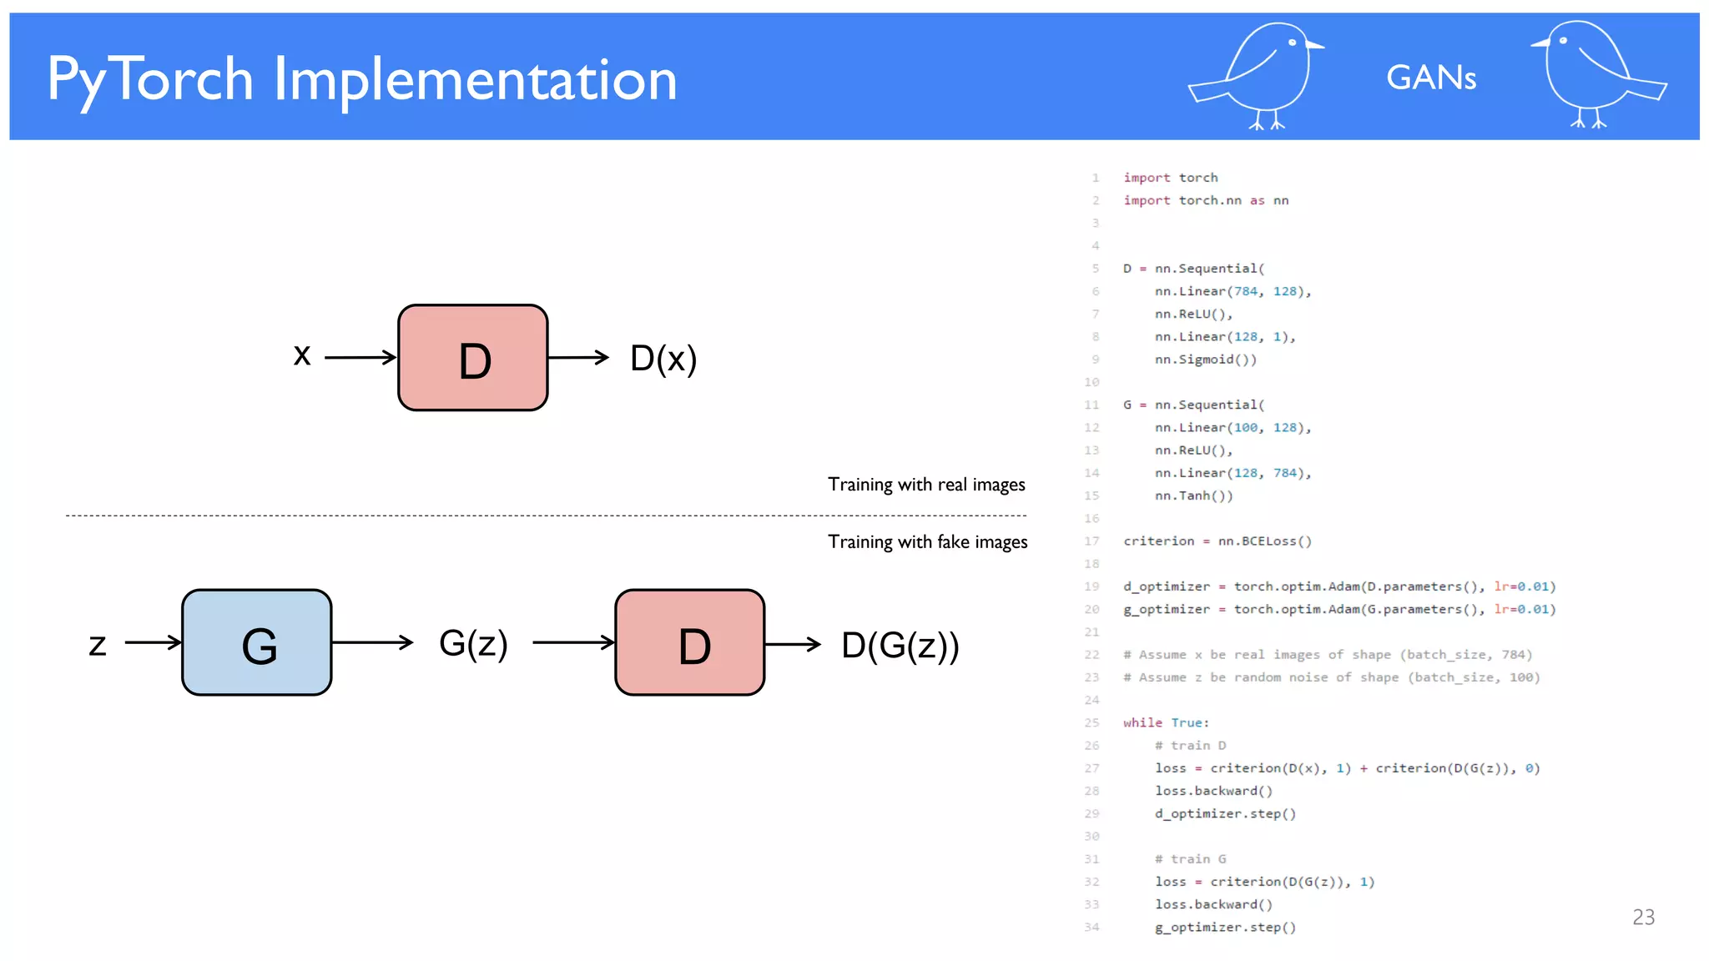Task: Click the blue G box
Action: pyautogui.click(x=257, y=642)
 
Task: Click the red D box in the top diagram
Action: pyautogui.click(x=473, y=358)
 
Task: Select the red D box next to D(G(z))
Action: pyautogui.click(x=690, y=642)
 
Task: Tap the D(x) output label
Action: pyautogui.click(x=663, y=359)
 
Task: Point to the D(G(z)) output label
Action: pyautogui.click(x=900, y=645)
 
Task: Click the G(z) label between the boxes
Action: pyautogui.click(x=473, y=643)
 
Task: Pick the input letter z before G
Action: pyautogui.click(x=98, y=644)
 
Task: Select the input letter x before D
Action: pyautogui.click(x=302, y=355)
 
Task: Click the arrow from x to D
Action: pyautogui.click(x=360, y=358)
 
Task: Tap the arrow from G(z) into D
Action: pyautogui.click(x=573, y=642)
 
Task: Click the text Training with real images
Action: pyautogui.click(x=926, y=485)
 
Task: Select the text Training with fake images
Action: pyautogui.click(x=927, y=542)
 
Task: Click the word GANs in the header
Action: pyautogui.click(x=1431, y=78)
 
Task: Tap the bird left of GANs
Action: pyautogui.click(x=1260, y=75)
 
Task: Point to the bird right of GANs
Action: pyautogui.click(x=1594, y=75)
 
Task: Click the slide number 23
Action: pyautogui.click(x=1643, y=917)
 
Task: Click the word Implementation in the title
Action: pyautogui.click(x=476, y=80)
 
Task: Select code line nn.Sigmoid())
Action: pyautogui.click(x=1205, y=360)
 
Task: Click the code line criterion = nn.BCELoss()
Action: pyautogui.click(x=1217, y=541)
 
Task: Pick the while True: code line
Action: pyautogui.click(x=1166, y=722)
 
